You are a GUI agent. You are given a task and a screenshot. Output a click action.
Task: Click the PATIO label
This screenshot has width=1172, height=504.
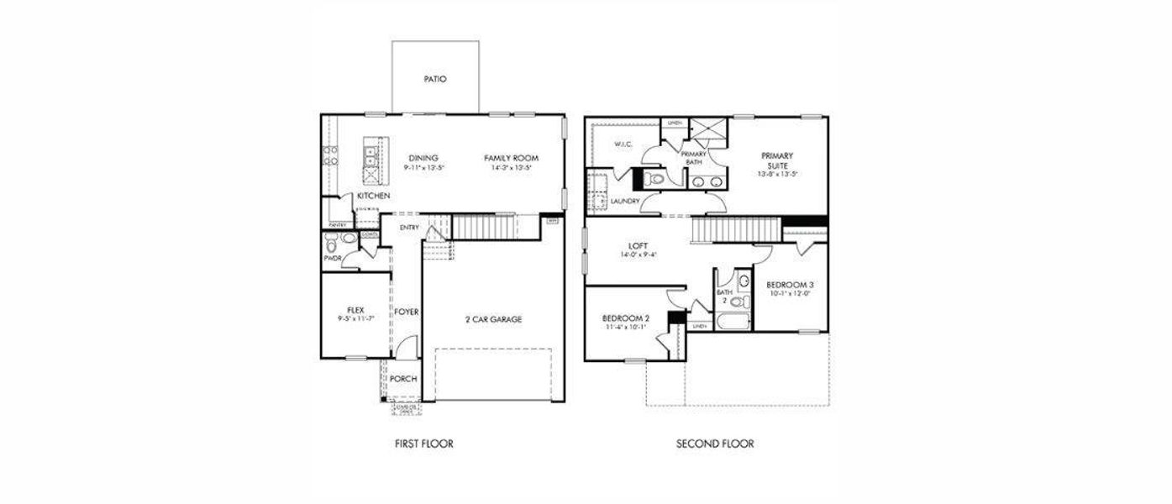(435, 79)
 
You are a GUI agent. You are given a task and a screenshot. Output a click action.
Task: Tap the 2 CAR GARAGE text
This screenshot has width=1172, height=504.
(493, 319)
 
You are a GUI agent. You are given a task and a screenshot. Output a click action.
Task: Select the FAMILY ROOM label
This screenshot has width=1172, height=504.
(511, 158)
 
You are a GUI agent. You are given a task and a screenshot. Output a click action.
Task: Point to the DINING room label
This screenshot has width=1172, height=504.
(423, 158)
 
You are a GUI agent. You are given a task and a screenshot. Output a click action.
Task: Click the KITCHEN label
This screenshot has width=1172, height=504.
(373, 196)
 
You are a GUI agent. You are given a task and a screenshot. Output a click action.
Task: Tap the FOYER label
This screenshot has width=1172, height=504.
(407, 312)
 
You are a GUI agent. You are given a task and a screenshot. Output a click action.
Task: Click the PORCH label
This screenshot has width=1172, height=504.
(403, 379)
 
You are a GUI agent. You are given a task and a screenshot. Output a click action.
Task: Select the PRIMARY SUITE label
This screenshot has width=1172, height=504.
(777, 160)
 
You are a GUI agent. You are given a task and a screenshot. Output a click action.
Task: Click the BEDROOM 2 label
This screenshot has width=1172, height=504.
(626, 318)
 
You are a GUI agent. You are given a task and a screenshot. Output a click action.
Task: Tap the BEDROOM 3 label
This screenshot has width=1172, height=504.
(790, 285)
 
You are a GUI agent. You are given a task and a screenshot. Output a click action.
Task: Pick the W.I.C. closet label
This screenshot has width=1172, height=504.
(623, 144)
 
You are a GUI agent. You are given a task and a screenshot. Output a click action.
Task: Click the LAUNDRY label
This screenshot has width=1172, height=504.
(626, 202)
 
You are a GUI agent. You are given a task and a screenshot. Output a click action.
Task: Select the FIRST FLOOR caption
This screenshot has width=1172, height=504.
(424, 444)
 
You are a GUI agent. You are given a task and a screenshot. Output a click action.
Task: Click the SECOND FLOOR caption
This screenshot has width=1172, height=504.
(715, 444)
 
